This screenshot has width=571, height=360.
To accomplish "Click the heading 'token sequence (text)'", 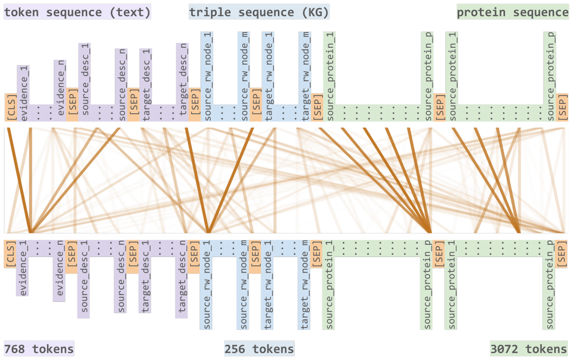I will coord(77,12).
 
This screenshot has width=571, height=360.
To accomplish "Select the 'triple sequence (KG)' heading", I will coord(259,12).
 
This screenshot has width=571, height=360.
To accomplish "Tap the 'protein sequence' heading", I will coord(513,12).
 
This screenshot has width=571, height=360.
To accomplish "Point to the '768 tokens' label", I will coord(39,349).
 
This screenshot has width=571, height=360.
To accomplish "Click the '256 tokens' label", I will coord(259,349).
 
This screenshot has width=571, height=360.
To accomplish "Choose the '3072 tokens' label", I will coord(529,349).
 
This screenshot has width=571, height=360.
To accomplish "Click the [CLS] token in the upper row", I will coord(11,107).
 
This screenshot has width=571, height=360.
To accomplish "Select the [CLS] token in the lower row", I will coord(10,254).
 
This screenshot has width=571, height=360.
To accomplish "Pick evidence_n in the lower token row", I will coord(60,270).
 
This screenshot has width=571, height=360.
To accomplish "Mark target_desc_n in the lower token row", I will coord(182,279).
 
